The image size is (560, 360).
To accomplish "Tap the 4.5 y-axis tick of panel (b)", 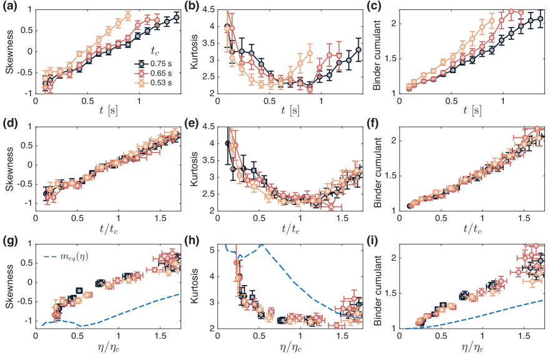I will (x=207, y=9).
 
